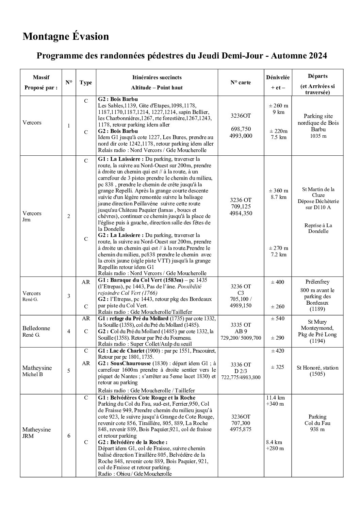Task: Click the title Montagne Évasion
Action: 66,36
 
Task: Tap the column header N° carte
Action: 241,82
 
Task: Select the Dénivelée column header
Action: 278,78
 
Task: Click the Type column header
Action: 86,82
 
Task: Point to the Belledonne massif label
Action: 36,328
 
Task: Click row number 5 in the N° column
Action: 69,371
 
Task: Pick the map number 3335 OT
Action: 241,325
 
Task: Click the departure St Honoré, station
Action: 317,368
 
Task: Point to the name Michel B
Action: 33,374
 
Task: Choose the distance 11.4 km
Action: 276,397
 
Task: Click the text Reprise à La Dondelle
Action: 318,228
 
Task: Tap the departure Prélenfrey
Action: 317,282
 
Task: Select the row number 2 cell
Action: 69,216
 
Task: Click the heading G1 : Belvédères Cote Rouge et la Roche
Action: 147,397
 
